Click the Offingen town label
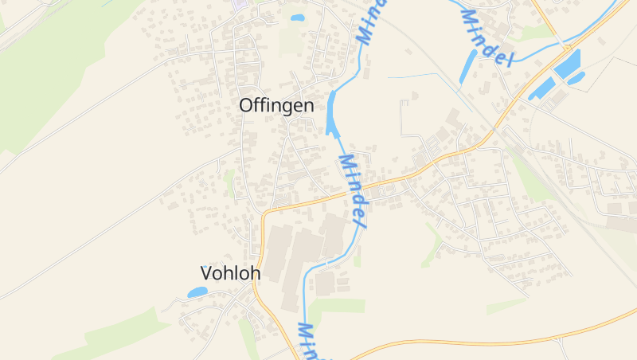pos(276,105)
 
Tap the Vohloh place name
pos(230,273)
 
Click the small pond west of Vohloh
pos(197,292)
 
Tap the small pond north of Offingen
pos(297,18)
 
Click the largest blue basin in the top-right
pos(567,65)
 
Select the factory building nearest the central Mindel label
pos(333,235)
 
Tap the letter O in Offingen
pos(247,105)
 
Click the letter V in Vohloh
pos(206,273)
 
